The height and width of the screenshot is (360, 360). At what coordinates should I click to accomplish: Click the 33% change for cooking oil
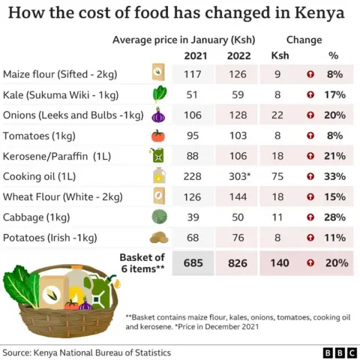(x=334, y=176)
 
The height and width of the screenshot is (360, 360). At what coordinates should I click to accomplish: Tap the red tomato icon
(x=157, y=136)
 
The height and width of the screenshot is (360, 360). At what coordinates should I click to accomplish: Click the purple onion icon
(x=157, y=115)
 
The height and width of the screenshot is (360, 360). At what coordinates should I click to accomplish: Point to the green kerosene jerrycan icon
(x=157, y=156)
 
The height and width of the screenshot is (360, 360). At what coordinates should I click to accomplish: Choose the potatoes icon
(x=158, y=238)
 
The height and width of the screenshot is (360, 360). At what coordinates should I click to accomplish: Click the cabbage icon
(x=158, y=217)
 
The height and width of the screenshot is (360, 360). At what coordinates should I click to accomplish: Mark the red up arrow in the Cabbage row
(x=309, y=217)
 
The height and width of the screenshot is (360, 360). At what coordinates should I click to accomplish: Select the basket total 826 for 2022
(x=235, y=264)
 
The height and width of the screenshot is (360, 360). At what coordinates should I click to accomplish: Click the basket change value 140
(x=278, y=264)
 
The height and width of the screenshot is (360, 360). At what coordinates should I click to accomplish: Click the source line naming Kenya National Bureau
(x=85, y=352)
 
